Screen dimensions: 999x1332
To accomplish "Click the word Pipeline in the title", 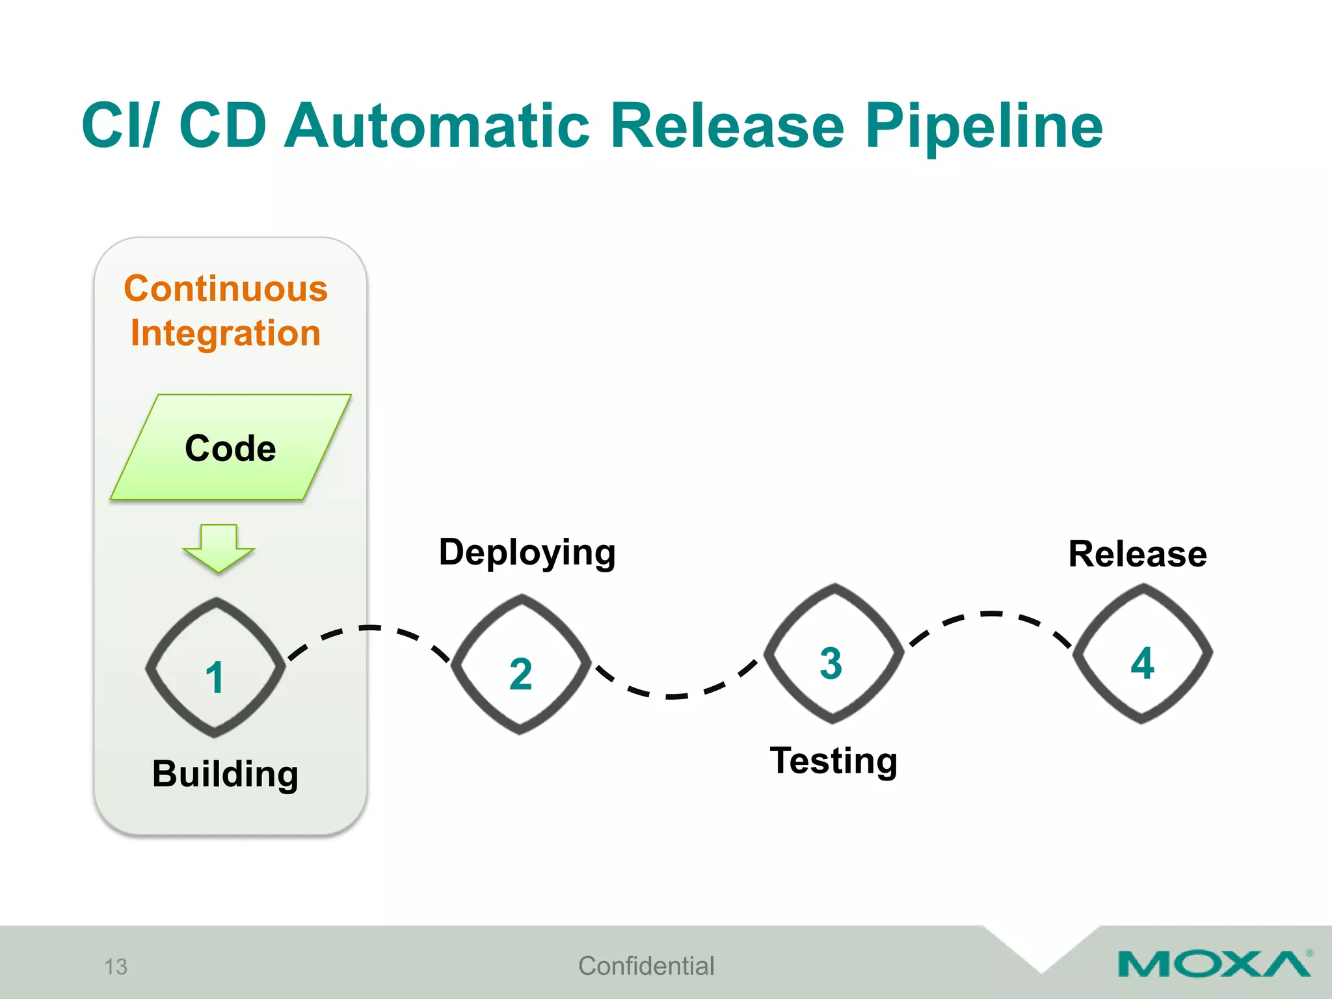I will pyautogui.click(x=983, y=127).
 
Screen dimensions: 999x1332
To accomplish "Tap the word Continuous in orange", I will pyautogui.click(x=226, y=289).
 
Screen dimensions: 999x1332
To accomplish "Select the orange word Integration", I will pyautogui.click(x=226, y=333).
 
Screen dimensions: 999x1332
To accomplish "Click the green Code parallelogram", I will pyautogui.click(x=230, y=448).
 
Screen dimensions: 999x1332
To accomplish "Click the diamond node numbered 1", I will pyautogui.click(x=215, y=668).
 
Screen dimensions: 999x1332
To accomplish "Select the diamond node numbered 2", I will pyautogui.click(x=521, y=665).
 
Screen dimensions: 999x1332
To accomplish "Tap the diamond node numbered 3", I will pyautogui.click(x=832, y=654).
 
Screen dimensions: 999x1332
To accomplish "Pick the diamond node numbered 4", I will pyautogui.click(x=1142, y=654).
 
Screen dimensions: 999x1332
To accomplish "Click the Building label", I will pyautogui.click(x=225, y=774).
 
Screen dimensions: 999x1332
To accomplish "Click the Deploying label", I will pyautogui.click(x=527, y=553).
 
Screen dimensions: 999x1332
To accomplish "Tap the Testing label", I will pyautogui.click(x=833, y=760).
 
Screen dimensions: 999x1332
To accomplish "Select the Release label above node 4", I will pyautogui.click(x=1138, y=554).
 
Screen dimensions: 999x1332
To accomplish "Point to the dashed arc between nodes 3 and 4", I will pyautogui.click(x=991, y=614).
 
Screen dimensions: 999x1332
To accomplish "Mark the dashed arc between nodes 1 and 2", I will pyautogui.click(x=369, y=628).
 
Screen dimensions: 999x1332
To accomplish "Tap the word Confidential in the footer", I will pyautogui.click(x=646, y=966).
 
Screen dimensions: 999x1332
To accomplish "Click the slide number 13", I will pyautogui.click(x=116, y=966).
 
